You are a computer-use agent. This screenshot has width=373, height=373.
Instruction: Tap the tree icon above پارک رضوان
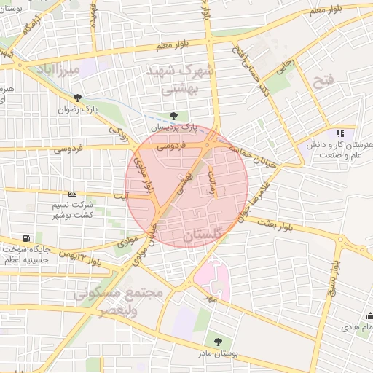(x=78, y=98)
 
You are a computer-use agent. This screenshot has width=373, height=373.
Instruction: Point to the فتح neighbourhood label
(x=321, y=80)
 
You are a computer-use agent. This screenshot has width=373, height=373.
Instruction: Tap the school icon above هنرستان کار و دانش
(x=339, y=133)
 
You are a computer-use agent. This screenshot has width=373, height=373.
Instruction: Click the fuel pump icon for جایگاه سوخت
(x=27, y=238)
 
